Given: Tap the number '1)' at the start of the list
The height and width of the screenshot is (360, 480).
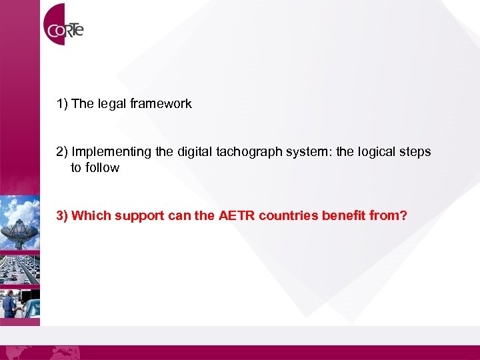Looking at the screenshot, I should [62, 104].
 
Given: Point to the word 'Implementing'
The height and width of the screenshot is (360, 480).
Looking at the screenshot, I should [102, 152].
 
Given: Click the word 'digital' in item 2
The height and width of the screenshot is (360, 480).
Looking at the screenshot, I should [195, 152].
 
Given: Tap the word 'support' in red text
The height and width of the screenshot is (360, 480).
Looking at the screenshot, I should [138, 216].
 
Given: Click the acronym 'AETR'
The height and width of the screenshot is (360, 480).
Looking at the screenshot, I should [236, 216].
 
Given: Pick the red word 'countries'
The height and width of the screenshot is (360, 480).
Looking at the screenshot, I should [287, 216].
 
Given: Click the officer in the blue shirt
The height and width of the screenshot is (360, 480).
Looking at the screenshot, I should [10, 303].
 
